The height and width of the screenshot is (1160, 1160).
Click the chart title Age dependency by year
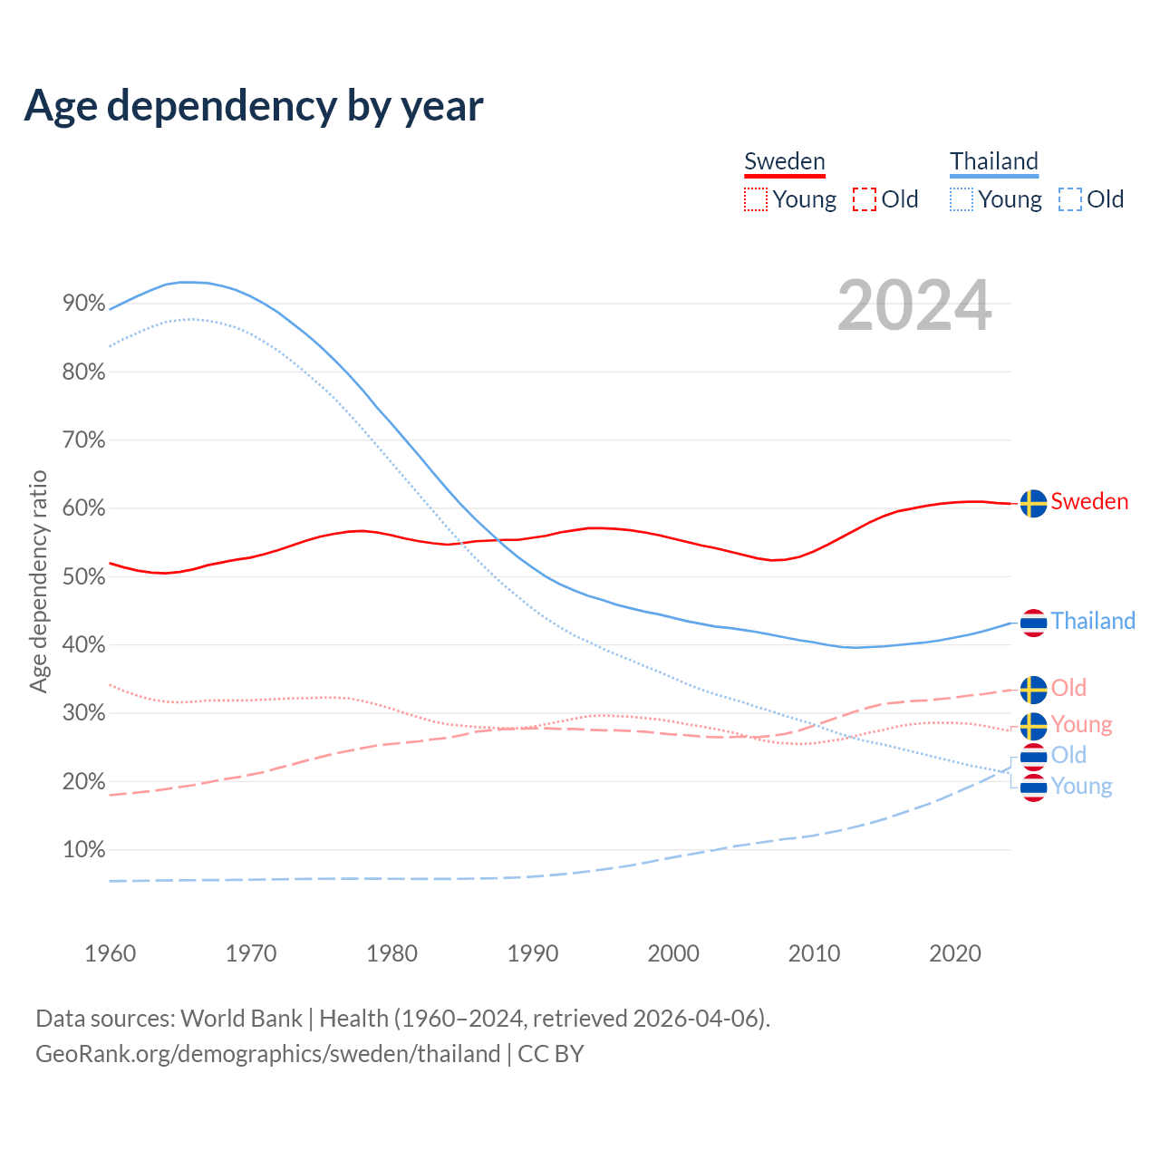click(254, 106)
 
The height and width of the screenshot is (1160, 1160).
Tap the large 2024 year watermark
click(914, 305)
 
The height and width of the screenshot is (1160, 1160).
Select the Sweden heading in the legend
click(785, 161)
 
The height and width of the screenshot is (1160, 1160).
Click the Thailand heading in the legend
click(994, 161)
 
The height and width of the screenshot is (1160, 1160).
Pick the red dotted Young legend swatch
click(755, 199)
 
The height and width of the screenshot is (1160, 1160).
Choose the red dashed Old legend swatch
click(865, 199)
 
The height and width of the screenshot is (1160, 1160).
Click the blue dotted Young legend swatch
click(962, 199)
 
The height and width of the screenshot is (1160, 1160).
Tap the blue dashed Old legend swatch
click(1070, 199)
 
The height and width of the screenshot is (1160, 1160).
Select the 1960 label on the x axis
click(110, 953)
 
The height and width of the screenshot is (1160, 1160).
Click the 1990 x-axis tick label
click(533, 953)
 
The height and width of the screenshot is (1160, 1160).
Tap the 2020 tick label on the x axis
click(955, 953)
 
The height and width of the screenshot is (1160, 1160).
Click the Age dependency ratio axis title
click(38, 581)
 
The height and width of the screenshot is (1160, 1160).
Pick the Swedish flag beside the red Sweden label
click(1033, 503)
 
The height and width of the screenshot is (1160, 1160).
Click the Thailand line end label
click(1093, 621)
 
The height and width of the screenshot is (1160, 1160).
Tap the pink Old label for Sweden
click(1068, 688)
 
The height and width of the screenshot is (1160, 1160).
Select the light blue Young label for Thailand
click(1081, 786)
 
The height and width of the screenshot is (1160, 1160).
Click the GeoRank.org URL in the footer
click(268, 1054)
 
